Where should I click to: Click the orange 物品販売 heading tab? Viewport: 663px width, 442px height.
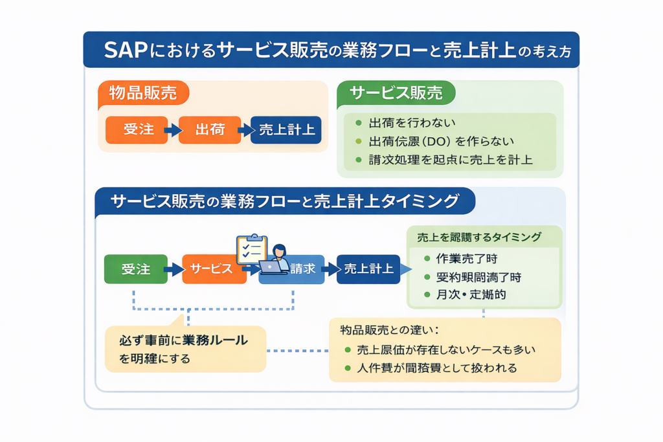(x=143, y=93)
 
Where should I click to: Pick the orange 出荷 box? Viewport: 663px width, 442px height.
(x=209, y=129)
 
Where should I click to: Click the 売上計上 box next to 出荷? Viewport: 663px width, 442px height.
(x=286, y=129)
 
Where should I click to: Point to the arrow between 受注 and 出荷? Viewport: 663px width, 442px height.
(x=172, y=130)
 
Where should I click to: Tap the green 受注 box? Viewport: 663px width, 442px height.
(x=135, y=269)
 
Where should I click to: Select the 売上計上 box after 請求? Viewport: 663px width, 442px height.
(x=368, y=269)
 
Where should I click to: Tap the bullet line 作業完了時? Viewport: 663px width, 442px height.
(x=466, y=258)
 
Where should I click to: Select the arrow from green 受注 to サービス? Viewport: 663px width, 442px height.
(x=174, y=269)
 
